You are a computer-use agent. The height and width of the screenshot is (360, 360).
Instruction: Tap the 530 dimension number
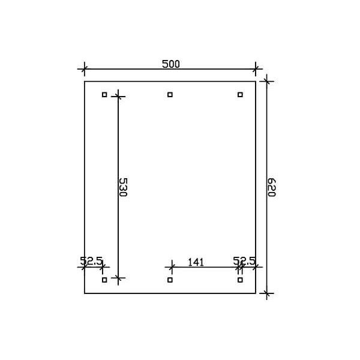pos(123,187)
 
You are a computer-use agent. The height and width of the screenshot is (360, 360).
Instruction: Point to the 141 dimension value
pos(196,261)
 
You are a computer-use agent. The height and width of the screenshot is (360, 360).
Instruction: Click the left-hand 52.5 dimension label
pos(91,260)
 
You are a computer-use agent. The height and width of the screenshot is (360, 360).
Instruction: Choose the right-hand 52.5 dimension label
pos(244,260)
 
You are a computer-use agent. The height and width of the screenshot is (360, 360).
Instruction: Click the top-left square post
pos(104,94)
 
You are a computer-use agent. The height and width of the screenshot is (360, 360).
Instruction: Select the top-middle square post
pos(170,94)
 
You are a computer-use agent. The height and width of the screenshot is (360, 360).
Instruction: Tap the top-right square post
pos(240,94)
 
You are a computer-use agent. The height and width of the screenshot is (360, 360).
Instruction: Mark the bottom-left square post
pos(104,280)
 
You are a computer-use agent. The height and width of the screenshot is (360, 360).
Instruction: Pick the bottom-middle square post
pos(170,280)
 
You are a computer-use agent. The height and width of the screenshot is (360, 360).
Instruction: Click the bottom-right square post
pos(240,280)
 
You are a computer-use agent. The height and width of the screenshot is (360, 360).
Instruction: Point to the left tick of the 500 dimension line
pos(85,69)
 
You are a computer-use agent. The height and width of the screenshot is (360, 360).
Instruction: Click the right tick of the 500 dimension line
pos(256,69)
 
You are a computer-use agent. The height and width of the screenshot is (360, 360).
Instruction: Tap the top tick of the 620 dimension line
pos(266,81)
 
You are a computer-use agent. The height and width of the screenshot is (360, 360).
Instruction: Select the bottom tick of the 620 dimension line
pos(266,293)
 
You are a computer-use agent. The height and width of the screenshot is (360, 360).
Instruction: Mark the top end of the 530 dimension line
pos(118,94)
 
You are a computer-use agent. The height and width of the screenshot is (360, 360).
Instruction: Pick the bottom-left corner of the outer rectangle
pos(85,293)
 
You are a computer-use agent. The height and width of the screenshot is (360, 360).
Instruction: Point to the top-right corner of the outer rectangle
pos(256,81)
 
